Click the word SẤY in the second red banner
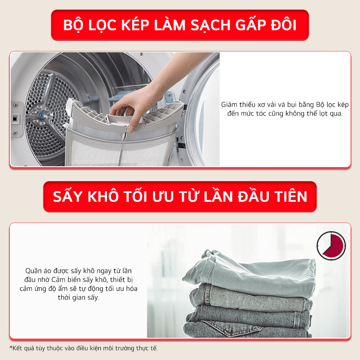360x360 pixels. (68, 197)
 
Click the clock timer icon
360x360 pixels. (331, 246)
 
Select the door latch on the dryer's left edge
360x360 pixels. (15, 118)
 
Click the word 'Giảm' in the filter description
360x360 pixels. (230, 105)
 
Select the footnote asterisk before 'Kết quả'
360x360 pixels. (11, 348)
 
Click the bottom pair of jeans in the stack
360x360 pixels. (247, 329)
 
